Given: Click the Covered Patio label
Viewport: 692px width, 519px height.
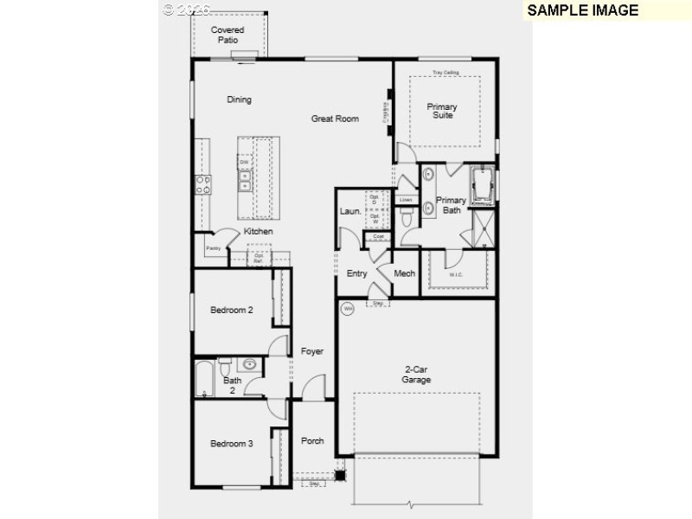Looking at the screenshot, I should coord(228,35).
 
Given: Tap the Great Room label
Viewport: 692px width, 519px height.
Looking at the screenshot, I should coord(335,119).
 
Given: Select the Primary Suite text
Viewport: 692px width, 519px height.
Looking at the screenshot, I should coord(442,112).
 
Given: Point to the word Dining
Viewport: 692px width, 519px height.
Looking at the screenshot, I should coord(240,99).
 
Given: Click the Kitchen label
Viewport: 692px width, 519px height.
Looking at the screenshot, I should coord(258,232).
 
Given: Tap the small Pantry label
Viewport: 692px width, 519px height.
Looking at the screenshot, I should coord(213,249).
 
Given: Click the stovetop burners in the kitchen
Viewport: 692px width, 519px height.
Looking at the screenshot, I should coord(203,183).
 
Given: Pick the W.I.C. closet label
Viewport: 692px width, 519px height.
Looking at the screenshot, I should coord(456,275).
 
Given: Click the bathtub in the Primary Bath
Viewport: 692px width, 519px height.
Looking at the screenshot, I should coord(483,183).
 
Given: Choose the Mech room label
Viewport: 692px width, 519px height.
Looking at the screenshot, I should coord(404,273).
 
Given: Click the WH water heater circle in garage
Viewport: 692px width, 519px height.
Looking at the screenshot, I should coord(348,307).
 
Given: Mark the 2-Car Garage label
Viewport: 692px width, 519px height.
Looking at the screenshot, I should coord(416,375).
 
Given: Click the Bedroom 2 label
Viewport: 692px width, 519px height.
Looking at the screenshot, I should coord(231,311).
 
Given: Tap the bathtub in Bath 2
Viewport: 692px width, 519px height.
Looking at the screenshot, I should coord(205,378).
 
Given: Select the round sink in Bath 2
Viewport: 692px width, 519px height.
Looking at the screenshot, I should coord(248,364).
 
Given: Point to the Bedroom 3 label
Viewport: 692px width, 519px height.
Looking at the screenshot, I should coord(231,444).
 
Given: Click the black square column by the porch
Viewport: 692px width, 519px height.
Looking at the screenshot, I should coord(341,475).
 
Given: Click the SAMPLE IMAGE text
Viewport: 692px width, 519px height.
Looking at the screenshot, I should coord(582,10).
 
